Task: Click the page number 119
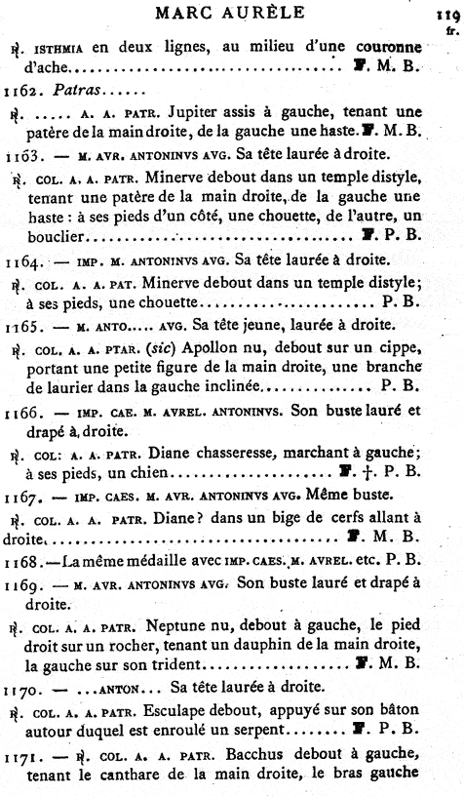pyautogui.click(x=446, y=16)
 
